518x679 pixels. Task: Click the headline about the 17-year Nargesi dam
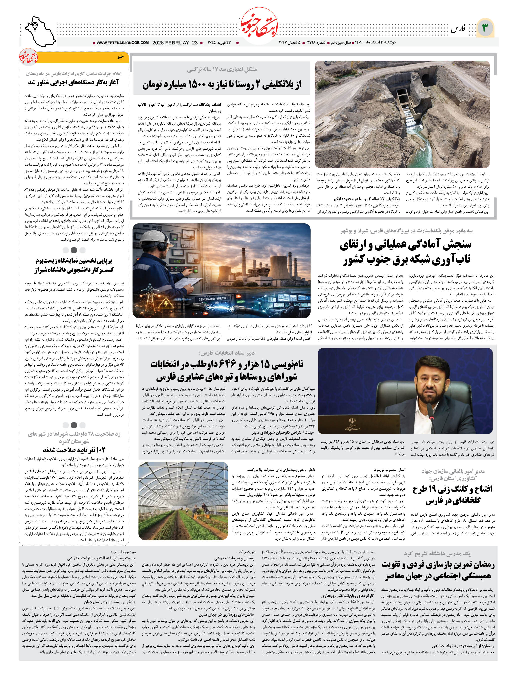click(222, 84)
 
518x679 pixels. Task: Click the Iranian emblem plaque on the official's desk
click(352, 424)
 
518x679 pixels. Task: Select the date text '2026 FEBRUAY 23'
click(175, 43)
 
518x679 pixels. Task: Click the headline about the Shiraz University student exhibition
click(74, 265)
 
